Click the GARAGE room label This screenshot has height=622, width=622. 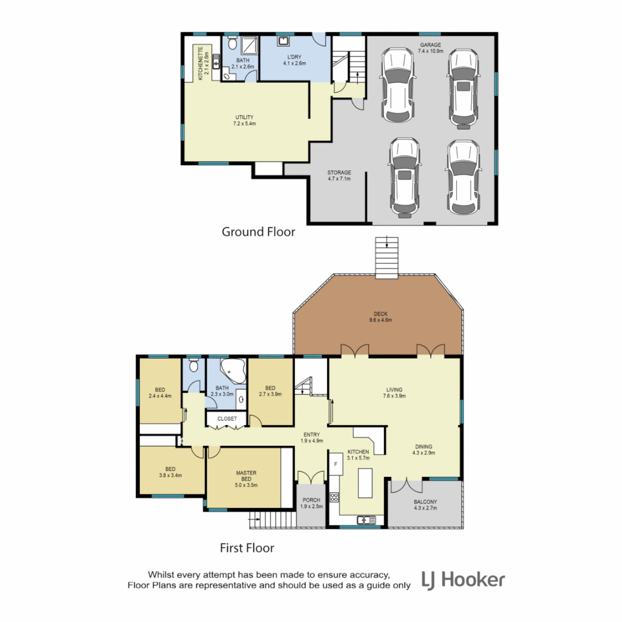tap(429, 48)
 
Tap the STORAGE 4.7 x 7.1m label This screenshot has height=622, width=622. tap(339, 176)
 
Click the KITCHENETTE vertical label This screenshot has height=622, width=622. tap(203, 63)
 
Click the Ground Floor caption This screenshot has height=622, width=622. tap(259, 232)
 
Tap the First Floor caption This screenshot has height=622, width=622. tap(247, 548)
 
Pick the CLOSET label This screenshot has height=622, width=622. tap(226, 419)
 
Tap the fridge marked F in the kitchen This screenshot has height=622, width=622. tap(334, 462)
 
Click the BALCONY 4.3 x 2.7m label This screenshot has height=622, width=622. tap(425, 505)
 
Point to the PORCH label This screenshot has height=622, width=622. tap(312, 503)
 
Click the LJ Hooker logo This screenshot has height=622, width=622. tap(464, 579)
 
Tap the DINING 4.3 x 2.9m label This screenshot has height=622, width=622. tap(423, 450)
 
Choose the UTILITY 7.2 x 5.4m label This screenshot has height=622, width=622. tap(245, 120)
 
